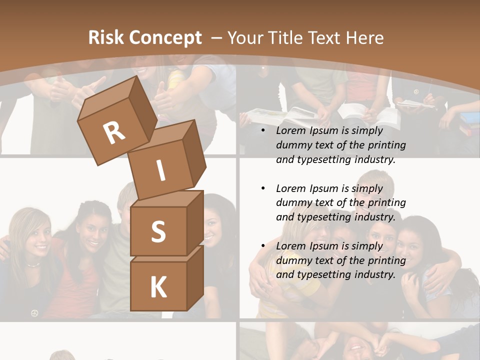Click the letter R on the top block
pyautogui.click(x=114, y=133)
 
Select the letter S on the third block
pyautogui.click(x=158, y=231)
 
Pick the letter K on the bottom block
pyautogui.click(x=158, y=287)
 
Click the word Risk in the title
pyautogui.click(x=106, y=37)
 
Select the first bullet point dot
pyautogui.click(x=263, y=130)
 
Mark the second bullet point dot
pyautogui.click(x=263, y=188)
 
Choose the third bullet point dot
pyautogui.click(x=263, y=246)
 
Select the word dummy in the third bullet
pyautogui.click(x=293, y=260)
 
